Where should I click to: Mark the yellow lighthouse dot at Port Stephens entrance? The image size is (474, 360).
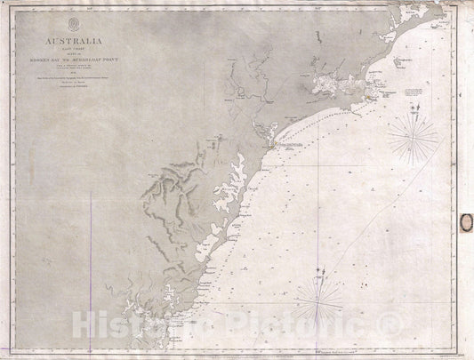[374, 91]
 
